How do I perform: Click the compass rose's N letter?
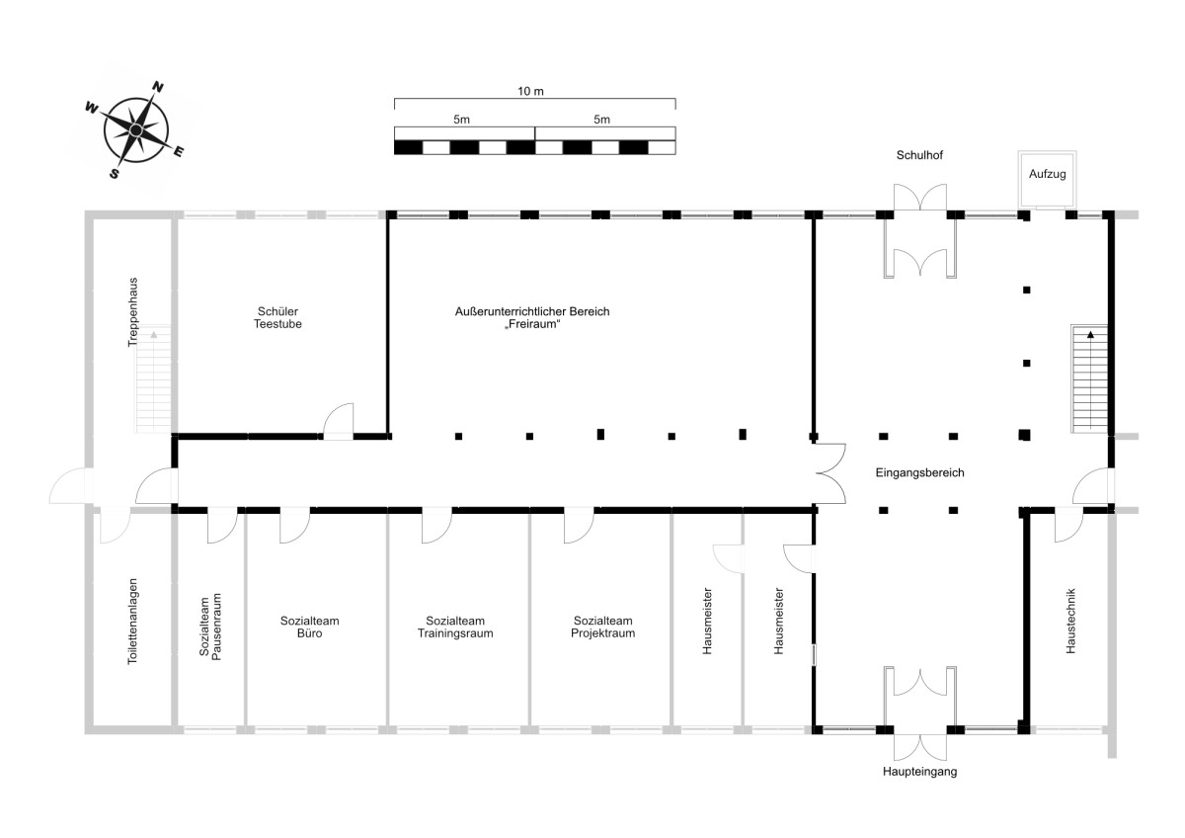click(158, 87)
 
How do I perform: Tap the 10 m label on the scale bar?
click(530, 92)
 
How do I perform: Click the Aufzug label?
click(1047, 174)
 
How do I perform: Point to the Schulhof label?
click(919, 155)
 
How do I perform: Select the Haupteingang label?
click(919, 772)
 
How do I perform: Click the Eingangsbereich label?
click(919, 472)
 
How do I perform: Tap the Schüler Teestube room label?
click(277, 317)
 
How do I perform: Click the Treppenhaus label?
click(132, 312)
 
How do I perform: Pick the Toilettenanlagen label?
click(132, 621)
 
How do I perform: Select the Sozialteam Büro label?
click(309, 627)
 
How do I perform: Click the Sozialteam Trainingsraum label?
click(455, 627)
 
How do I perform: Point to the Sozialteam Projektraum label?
click(602, 627)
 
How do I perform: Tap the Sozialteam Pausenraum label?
click(210, 627)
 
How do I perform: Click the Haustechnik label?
click(1070, 621)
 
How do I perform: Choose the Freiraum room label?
click(532, 317)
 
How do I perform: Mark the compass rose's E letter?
click(179, 152)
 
